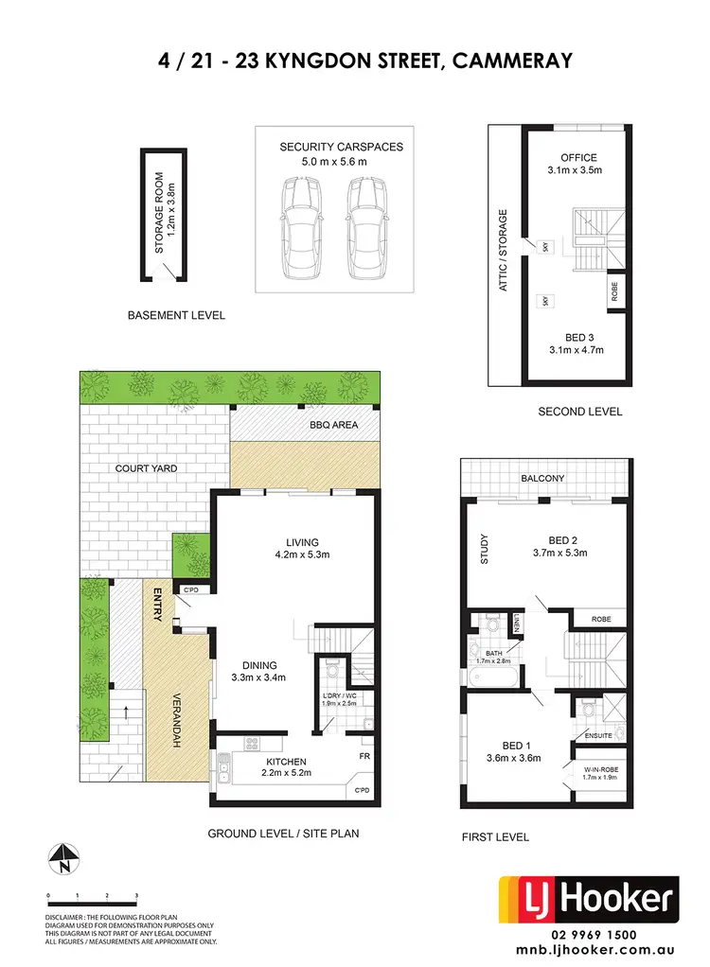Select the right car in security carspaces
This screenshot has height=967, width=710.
point(366,229)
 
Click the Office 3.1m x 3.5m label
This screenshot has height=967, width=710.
point(575,164)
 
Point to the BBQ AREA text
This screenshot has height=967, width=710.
point(332,425)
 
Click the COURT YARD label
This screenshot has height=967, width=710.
point(147,468)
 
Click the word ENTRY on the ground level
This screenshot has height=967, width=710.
point(159,604)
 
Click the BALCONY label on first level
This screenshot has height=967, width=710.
point(543,479)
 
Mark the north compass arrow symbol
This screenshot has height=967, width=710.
point(62,856)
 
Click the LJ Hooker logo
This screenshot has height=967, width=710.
point(589,900)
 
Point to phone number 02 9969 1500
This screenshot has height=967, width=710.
point(589,933)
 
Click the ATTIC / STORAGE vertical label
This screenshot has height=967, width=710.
point(504,251)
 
